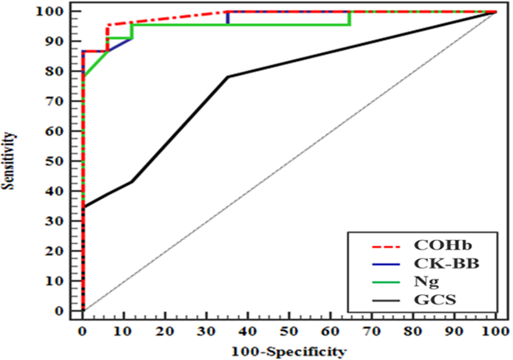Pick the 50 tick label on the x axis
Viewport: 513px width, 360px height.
(x=289, y=331)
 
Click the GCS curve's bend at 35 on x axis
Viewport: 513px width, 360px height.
(x=227, y=77)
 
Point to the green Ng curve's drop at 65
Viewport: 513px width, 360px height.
(x=350, y=18)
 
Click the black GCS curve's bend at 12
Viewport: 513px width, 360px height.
(x=132, y=182)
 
